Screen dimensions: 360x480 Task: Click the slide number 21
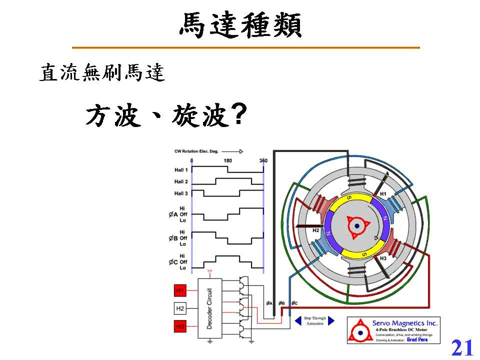coord(462,347)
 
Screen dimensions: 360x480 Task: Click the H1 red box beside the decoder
coord(180,290)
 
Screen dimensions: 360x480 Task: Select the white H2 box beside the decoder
coord(180,308)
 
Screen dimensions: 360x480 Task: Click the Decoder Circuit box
coord(209,308)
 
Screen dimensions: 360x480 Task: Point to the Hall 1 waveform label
coord(181,170)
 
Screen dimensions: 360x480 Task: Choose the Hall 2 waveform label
coord(181,181)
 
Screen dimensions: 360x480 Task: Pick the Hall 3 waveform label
coord(181,193)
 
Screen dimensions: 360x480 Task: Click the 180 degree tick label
coord(227,160)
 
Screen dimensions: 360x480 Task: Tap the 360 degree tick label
coord(263,160)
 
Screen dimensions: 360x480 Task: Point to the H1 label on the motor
coord(383,193)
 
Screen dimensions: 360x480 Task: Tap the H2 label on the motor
coord(316,230)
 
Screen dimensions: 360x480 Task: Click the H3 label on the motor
coord(383,258)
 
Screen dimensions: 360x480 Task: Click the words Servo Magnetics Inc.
coord(405,323)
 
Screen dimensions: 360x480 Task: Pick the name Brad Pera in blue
coord(417,339)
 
